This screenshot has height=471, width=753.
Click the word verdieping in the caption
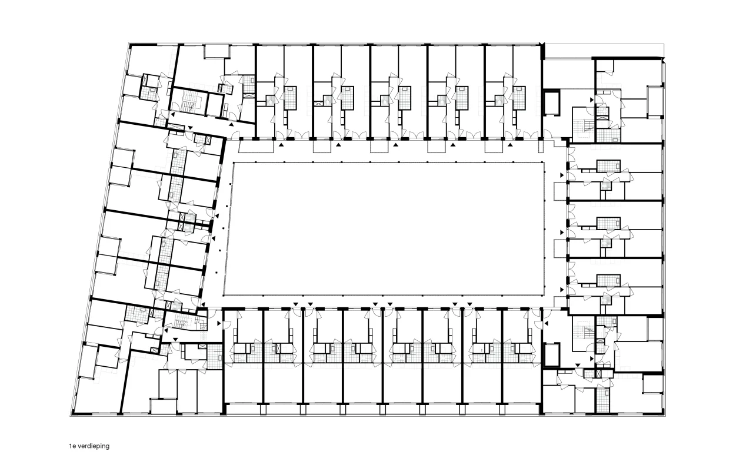point(94,446)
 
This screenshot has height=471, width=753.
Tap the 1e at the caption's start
point(72,446)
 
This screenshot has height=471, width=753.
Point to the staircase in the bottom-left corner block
point(182,323)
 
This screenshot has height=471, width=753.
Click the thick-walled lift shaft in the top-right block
point(551,102)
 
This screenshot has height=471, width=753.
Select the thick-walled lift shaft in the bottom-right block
point(551,354)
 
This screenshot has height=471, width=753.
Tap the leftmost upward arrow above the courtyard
point(281,145)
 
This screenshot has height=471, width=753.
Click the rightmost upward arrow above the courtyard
point(510,145)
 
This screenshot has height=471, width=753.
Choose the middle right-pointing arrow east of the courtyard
point(562,233)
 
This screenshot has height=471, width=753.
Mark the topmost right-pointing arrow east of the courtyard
point(562,175)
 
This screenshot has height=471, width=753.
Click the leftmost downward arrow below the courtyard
point(295,304)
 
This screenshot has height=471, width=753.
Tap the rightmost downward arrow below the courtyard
point(469,304)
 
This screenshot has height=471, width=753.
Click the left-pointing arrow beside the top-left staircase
point(172,115)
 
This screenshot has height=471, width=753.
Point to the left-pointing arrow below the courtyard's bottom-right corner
point(547,323)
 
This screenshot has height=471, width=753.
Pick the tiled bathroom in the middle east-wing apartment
point(608,223)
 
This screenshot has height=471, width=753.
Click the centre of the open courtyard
point(384,229)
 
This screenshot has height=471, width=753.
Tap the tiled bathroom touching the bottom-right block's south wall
point(603,400)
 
